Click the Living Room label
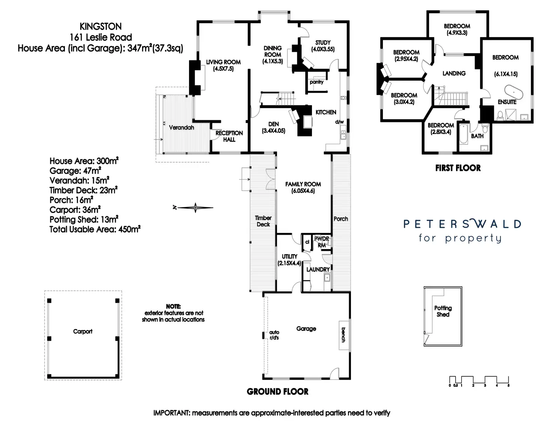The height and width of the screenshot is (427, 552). pyautogui.click(x=223, y=65)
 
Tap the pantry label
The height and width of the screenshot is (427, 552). pyautogui.click(x=316, y=82)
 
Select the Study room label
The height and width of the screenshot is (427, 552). pyautogui.click(x=322, y=46)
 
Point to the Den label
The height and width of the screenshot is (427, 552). pyautogui.click(x=273, y=127)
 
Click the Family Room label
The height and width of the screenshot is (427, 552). pyautogui.click(x=303, y=187)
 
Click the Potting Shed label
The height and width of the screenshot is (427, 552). pyautogui.click(x=443, y=311)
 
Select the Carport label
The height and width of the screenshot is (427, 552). pyautogui.click(x=82, y=331)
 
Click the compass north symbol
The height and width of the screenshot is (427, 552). pyautogui.click(x=195, y=207)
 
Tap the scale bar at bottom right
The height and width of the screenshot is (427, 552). pyautogui.click(x=479, y=380)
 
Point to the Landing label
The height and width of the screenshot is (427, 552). pyautogui.click(x=454, y=73)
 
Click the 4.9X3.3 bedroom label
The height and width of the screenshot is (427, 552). pyautogui.click(x=457, y=29)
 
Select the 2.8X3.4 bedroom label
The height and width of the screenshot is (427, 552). pyautogui.click(x=441, y=128)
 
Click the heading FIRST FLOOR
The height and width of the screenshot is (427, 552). pyautogui.click(x=458, y=168)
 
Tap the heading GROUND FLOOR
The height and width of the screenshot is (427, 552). pyautogui.click(x=277, y=392)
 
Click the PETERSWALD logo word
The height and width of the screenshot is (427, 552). pyautogui.click(x=462, y=224)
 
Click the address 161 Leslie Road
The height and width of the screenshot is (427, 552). pyautogui.click(x=100, y=37)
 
